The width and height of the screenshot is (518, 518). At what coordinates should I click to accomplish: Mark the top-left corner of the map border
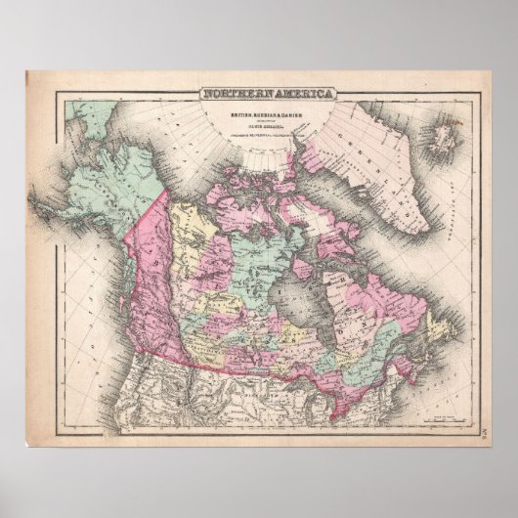(58, 90)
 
